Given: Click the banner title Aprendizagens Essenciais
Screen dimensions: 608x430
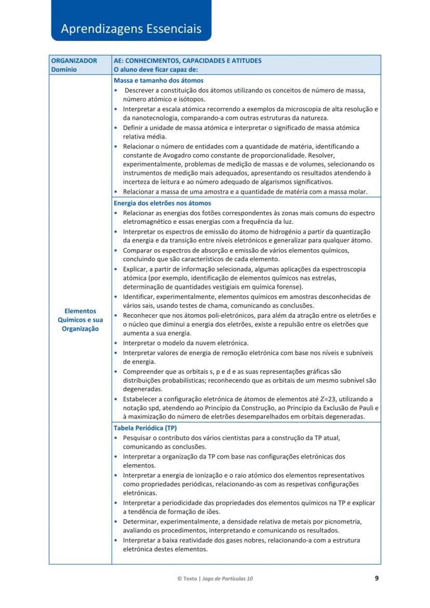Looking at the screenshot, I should [x=131, y=29].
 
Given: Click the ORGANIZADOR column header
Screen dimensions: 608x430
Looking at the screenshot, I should [x=74, y=60].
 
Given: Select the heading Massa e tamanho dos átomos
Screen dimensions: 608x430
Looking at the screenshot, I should [x=158, y=80].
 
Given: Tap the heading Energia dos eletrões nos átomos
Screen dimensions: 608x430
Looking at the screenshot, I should [x=162, y=203].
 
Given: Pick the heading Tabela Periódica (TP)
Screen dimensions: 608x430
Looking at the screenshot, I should [x=145, y=428].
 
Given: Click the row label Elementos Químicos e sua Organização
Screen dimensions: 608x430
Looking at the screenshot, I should [x=80, y=320].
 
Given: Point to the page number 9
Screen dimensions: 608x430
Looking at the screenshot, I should [x=377, y=578].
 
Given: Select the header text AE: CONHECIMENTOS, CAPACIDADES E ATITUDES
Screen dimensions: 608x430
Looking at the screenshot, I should [x=187, y=60].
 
